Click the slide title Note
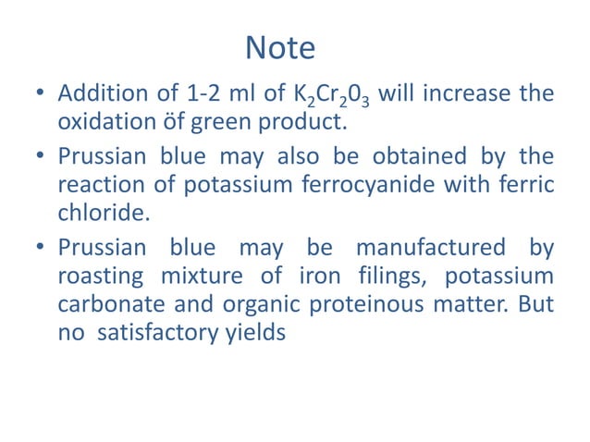(x=279, y=48)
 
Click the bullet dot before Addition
(x=39, y=96)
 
